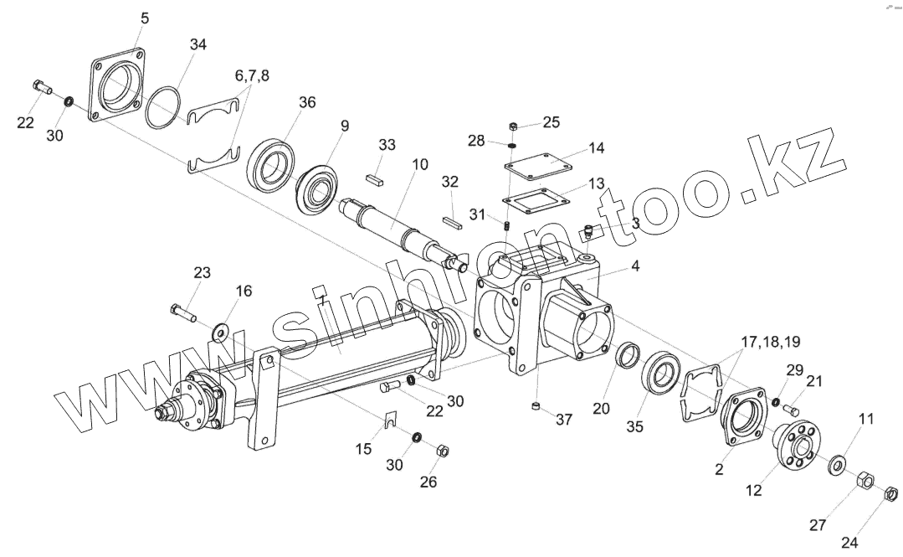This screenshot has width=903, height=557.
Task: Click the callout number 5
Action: point(146,18)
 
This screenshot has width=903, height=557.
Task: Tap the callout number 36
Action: point(307,102)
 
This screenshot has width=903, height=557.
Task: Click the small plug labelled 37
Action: point(535,408)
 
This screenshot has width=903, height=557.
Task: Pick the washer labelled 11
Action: point(835,465)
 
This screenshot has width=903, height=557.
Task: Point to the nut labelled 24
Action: point(891,493)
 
